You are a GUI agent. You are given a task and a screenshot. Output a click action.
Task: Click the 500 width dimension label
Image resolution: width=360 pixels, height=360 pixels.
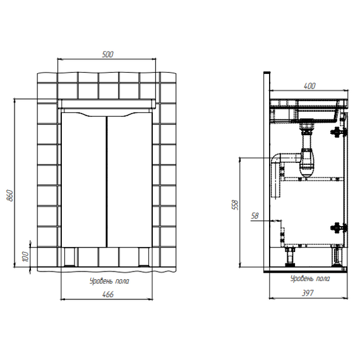[x=107, y=54]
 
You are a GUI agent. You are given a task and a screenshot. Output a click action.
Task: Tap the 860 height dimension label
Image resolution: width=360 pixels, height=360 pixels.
[x=10, y=195]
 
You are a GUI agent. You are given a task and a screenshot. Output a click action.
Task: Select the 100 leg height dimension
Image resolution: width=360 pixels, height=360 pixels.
[x=25, y=256]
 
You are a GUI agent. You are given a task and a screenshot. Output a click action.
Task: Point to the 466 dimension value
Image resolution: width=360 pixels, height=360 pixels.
[x=107, y=294]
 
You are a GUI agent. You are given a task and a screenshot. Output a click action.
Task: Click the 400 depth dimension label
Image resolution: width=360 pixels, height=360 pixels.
[x=309, y=86]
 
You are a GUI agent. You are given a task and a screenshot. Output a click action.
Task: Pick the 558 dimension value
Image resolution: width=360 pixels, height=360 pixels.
[x=236, y=205]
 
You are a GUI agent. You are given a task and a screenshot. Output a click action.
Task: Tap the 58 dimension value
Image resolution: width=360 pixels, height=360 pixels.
[x=255, y=215]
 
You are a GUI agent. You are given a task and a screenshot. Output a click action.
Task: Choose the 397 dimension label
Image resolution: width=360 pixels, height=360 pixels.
[x=308, y=293]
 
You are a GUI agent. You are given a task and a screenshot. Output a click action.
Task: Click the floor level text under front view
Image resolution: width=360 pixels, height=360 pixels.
[x=109, y=281]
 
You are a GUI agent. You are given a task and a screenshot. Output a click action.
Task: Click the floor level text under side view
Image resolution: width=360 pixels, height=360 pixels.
[x=310, y=279]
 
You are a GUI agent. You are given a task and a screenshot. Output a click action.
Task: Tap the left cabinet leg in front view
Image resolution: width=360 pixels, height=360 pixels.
[x=69, y=257]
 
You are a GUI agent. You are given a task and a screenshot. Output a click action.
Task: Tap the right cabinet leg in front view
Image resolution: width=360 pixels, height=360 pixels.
[x=144, y=257]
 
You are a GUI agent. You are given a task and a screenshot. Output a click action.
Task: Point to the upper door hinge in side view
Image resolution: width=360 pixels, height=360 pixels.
[x=339, y=132]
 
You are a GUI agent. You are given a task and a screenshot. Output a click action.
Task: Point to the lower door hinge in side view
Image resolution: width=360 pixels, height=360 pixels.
[x=339, y=228]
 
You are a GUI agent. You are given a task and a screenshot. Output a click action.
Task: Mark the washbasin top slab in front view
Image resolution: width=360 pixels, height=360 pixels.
[x=107, y=104]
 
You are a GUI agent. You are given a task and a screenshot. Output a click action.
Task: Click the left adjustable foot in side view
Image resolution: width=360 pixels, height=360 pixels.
[x=290, y=256]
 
